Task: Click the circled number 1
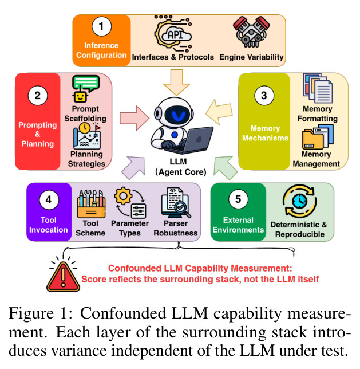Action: click(101, 26)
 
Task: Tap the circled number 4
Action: click(49, 200)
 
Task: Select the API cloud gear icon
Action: click(173, 34)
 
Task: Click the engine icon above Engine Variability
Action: click(251, 32)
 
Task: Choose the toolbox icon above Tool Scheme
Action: click(91, 204)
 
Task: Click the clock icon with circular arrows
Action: click(299, 202)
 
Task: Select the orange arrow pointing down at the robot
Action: click(177, 82)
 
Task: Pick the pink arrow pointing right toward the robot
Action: click(134, 118)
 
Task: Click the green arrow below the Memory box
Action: click(225, 168)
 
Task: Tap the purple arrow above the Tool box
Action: click(133, 168)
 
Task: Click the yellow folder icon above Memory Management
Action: click(318, 137)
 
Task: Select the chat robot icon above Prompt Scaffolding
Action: click(86, 88)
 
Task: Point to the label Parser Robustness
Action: click(176, 228)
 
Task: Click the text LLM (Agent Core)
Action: click(181, 167)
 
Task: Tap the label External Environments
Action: click(238, 225)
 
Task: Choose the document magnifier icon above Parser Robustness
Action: click(176, 203)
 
